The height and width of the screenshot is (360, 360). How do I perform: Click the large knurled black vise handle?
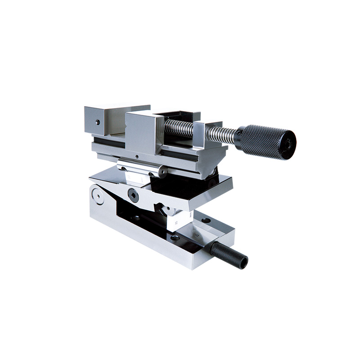268,141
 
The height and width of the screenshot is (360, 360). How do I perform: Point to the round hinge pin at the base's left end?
96,195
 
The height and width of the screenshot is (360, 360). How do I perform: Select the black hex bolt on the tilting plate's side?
133,194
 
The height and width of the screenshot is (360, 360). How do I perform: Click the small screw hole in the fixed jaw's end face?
98,122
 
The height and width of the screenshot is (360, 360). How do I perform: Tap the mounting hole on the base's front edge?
175,237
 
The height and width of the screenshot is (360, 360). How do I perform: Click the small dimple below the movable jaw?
137,157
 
